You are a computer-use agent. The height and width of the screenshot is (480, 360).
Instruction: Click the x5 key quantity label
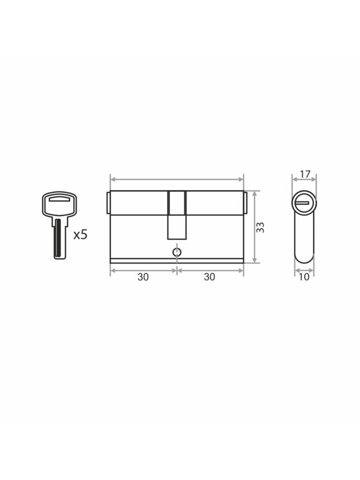click(81, 235)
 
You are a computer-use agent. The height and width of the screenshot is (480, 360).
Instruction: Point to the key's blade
click(60, 240)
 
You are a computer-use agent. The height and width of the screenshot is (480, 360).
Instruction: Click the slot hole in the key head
click(60, 199)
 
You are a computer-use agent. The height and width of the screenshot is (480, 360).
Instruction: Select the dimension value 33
click(261, 227)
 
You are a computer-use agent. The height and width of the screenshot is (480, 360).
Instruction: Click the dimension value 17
click(305, 174)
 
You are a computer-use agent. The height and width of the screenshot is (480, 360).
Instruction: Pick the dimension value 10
click(304, 277)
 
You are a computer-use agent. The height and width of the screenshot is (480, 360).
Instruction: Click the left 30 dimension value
click(143, 277)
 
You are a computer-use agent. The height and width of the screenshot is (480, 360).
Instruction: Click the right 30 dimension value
click(210, 277)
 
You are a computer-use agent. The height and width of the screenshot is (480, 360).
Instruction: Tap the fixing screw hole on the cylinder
click(177, 252)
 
